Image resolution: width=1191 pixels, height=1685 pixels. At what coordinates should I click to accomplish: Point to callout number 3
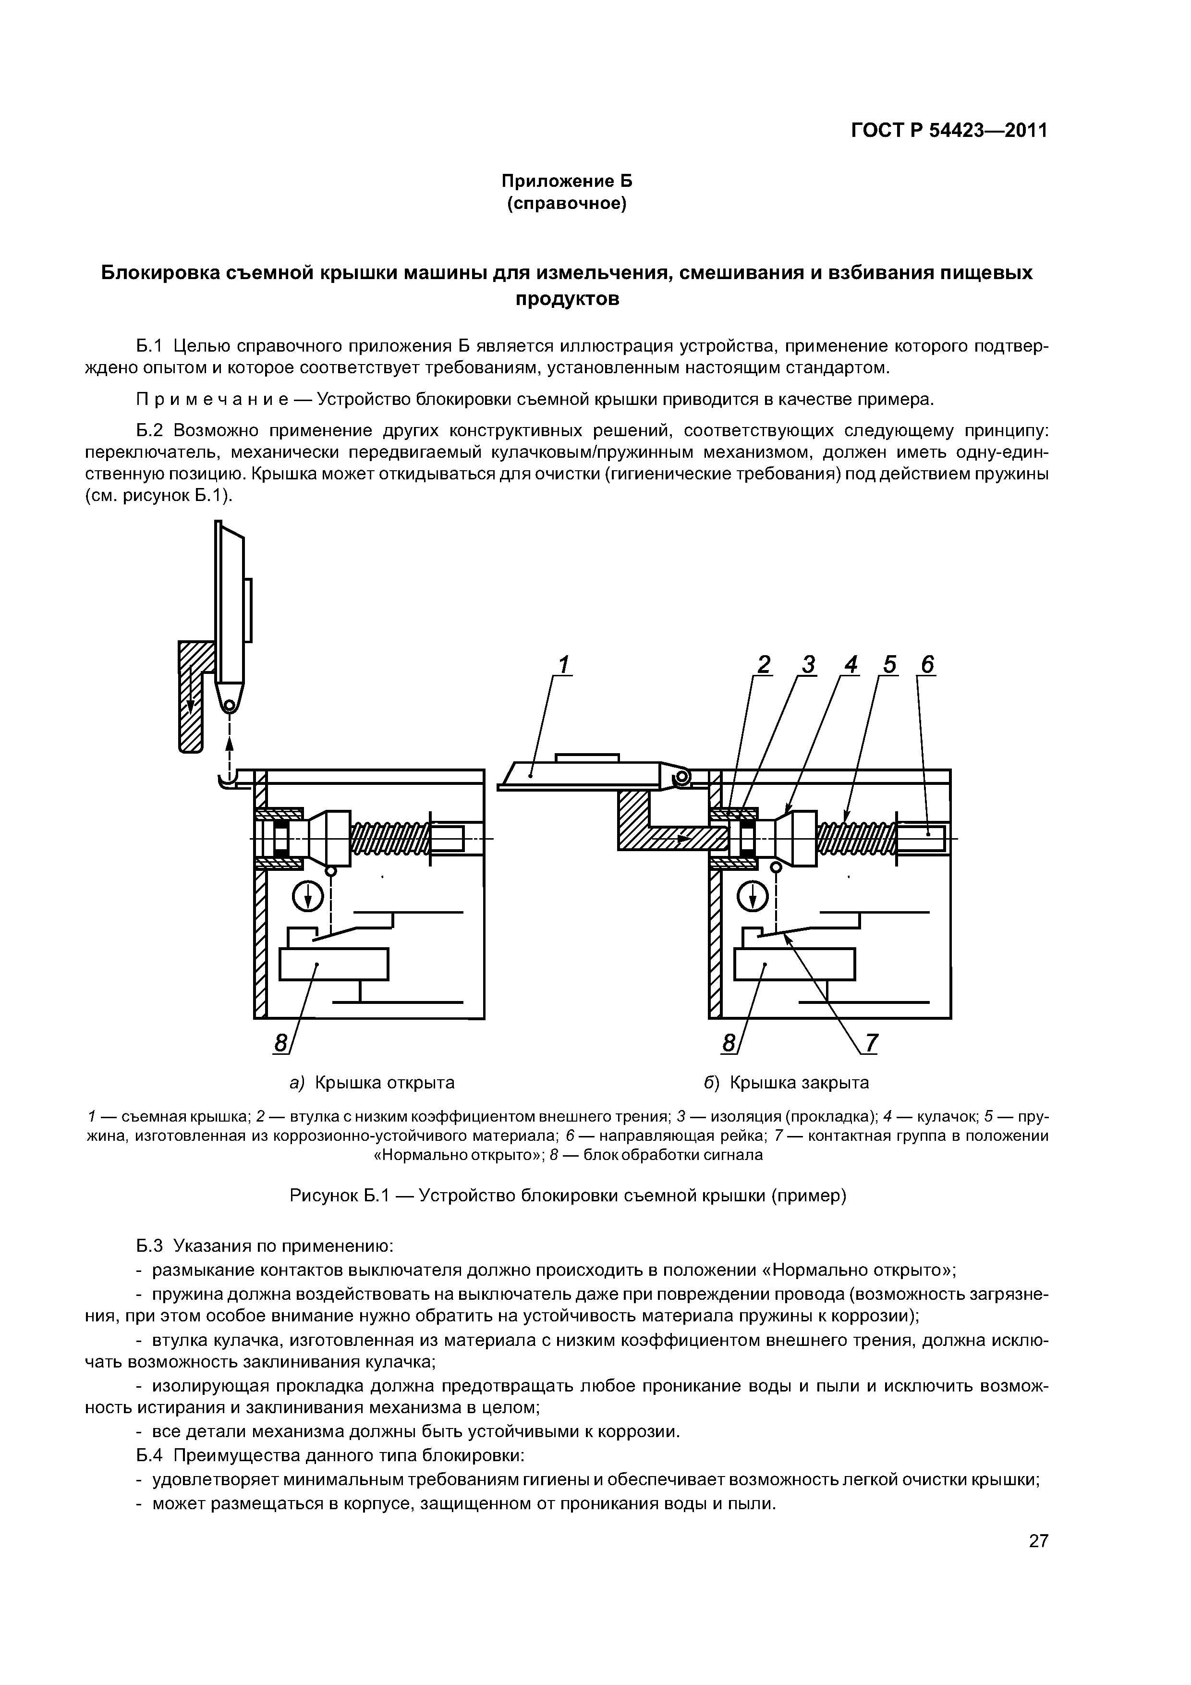click(807, 665)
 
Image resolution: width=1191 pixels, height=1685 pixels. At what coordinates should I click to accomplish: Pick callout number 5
click(889, 665)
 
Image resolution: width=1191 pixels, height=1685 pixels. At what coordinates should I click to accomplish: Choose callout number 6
click(927, 665)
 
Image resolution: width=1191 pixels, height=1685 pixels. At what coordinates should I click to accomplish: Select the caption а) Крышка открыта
click(372, 1083)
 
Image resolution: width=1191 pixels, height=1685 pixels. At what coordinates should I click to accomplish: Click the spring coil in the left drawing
click(389, 839)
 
